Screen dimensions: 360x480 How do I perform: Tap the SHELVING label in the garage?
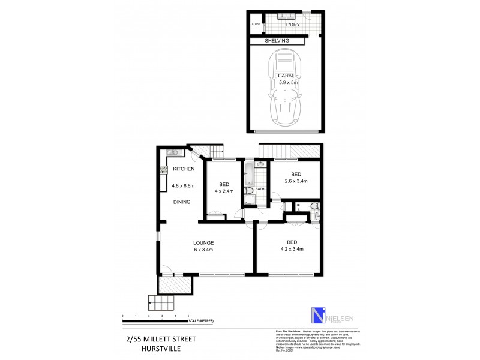coord(278,40)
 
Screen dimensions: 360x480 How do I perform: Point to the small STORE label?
coord(256,24)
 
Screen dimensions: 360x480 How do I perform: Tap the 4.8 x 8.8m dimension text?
coord(184,185)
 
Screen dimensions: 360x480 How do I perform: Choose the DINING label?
coord(182,202)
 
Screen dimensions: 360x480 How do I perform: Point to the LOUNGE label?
coord(203,243)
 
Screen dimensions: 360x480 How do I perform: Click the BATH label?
coord(260,189)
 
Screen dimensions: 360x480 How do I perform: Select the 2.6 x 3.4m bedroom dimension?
coord(295,181)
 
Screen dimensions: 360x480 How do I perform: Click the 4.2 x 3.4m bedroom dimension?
coord(291,249)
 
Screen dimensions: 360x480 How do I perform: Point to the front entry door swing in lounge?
coord(168,270)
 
